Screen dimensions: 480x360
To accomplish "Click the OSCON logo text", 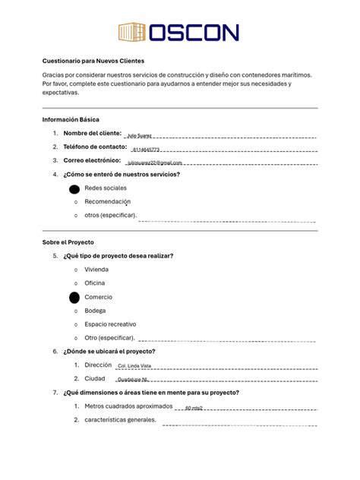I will click(x=193, y=32).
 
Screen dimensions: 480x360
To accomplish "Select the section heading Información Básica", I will click(x=71, y=120).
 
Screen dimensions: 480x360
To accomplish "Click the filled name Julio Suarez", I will click(x=139, y=135).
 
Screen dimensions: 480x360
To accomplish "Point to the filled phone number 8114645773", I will click(x=146, y=150).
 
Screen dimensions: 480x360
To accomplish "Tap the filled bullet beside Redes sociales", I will click(x=74, y=188).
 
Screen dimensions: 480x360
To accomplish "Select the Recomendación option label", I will click(x=108, y=202).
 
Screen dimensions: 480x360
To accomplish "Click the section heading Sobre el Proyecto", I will click(x=68, y=242).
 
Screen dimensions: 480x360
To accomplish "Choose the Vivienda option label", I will click(x=96, y=270).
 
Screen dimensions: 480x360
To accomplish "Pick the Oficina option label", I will click(x=95, y=283).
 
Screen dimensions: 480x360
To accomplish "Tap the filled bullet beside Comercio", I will click(x=74, y=298).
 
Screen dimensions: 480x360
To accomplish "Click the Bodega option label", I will click(x=96, y=311).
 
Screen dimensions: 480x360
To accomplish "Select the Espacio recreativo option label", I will click(x=116, y=324).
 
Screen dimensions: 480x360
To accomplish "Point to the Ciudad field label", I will click(x=95, y=378).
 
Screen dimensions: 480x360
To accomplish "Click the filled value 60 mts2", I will click(x=194, y=408).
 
